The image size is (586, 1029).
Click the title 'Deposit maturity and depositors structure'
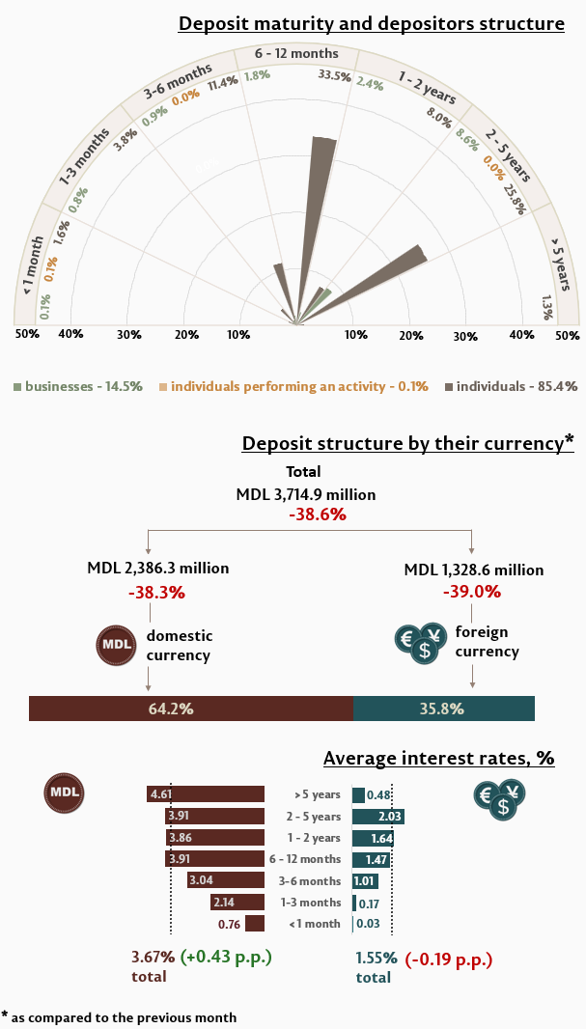[371, 23]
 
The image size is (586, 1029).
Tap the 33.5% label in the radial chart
[334, 76]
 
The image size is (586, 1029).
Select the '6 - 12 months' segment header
[296, 53]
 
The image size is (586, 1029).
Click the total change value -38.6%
[318, 515]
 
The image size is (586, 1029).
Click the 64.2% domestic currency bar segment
[191, 709]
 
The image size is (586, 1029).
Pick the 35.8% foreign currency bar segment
[443, 709]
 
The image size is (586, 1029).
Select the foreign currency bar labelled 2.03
[377, 817]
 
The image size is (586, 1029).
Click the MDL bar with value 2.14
[237, 903]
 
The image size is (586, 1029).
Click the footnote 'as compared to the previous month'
[126, 1017]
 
